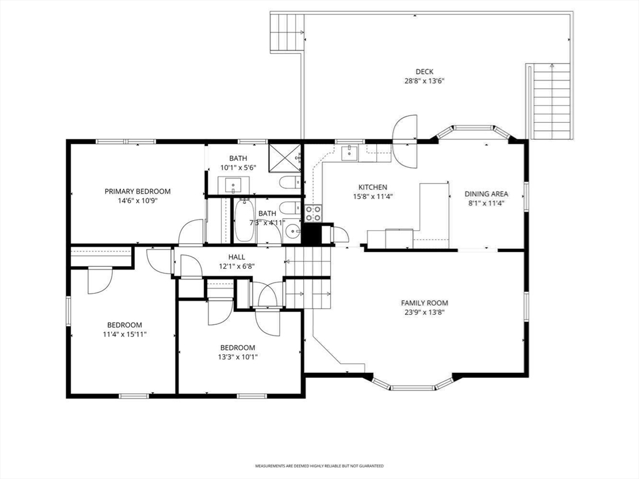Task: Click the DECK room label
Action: (424, 72)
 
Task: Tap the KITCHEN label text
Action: (373, 187)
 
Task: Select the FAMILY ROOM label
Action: (424, 303)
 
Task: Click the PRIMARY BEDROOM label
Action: (137, 191)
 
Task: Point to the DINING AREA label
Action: (486, 195)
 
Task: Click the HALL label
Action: (237, 257)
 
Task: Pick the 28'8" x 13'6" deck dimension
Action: (424, 81)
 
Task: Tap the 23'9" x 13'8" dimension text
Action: (424, 313)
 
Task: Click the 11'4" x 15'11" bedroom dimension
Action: (124, 334)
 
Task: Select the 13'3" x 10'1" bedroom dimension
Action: (238, 357)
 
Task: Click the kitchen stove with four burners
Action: (313, 213)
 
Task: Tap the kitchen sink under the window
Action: (350, 153)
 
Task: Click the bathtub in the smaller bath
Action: (244, 220)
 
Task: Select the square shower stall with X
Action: (285, 158)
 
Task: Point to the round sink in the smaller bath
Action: (291, 232)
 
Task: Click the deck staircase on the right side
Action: (551, 100)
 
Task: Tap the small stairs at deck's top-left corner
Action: (287, 32)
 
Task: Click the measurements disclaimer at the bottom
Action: (319, 466)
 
